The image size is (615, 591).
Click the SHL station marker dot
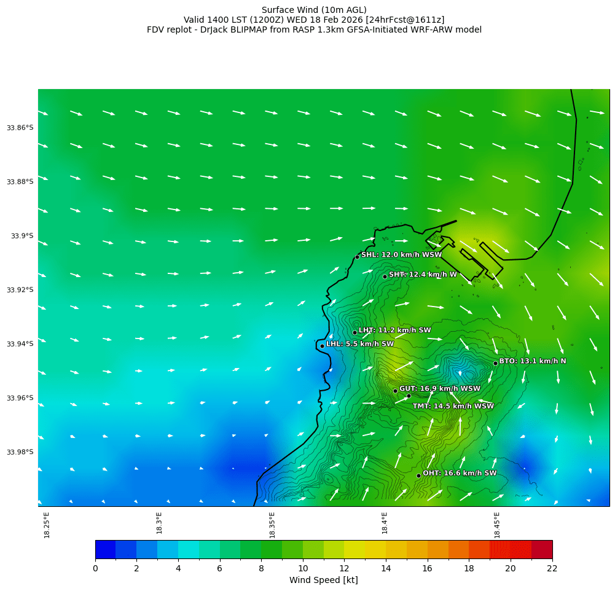coord(357,257)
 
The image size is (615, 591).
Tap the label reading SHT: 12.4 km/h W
coord(423,275)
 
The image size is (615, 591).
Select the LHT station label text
coord(394,331)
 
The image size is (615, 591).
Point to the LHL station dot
coord(322,346)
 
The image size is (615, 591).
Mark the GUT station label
coord(440,389)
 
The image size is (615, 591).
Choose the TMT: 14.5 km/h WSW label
coord(453,406)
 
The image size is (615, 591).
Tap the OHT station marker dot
coord(418,476)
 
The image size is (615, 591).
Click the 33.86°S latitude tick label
coord(20,128)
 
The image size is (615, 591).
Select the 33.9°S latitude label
coord(22,236)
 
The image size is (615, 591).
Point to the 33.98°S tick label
coord(20,452)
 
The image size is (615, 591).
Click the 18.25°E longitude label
coord(47,525)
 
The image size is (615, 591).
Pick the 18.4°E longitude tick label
coord(385,523)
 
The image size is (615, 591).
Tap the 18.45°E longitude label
coord(497,525)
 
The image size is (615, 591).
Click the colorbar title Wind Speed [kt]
coord(323,580)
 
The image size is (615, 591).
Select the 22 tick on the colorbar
coord(552,568)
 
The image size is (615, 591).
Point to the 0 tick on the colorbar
coord(95,568)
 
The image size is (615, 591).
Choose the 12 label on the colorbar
coord(344,568)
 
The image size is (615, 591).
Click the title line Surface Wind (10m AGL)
coord(314,10)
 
